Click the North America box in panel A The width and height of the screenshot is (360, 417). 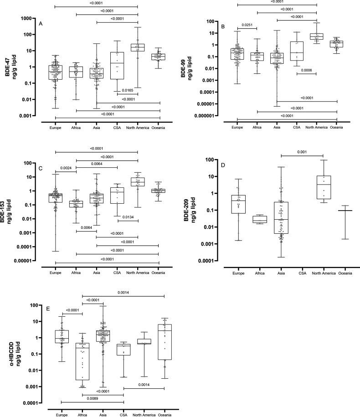pyautogui.click(x=138, y=47)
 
